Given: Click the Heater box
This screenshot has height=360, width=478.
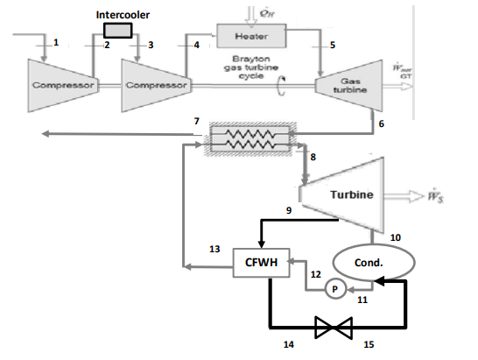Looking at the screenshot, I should [261, 36].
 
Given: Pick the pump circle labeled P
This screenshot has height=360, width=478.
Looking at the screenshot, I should [331, 289].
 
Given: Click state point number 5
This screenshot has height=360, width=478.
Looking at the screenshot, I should [332, 44].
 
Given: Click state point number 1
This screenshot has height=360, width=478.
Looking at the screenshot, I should [56, 42].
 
